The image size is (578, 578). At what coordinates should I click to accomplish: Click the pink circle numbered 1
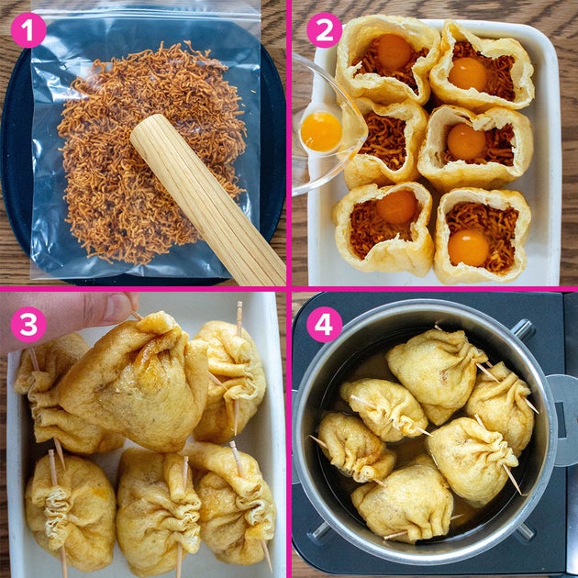28,30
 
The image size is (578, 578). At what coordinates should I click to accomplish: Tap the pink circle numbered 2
325,30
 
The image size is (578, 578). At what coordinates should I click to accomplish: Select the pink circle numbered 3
28,325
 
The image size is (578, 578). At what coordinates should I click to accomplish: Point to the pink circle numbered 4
325,325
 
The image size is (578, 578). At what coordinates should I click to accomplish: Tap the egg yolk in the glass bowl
321,131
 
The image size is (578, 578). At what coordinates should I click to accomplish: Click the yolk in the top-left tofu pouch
394,52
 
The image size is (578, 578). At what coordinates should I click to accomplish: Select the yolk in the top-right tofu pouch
468,73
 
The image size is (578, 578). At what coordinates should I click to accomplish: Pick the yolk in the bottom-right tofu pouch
468,247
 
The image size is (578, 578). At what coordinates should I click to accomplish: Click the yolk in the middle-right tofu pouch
466,141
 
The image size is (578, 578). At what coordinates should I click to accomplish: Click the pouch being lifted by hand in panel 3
135,383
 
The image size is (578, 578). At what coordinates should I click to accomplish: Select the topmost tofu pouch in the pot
435,372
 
